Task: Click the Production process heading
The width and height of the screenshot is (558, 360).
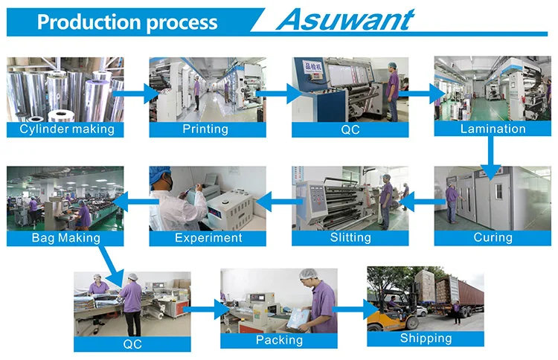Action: [x=127, y=22]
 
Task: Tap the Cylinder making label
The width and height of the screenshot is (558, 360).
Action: [x=66, y=129]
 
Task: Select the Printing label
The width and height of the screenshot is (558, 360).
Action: [x=205, y=129]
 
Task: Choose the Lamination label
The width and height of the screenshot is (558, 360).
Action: [x=493, y=129]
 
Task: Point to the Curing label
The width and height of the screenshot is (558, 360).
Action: [x=493, y=238]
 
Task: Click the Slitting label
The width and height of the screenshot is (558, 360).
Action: [x=350, y=238]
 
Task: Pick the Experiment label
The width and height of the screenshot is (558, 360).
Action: [x=208, y=238]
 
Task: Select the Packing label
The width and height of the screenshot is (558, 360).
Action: [x=279, y=340]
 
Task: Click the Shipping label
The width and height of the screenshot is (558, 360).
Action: [x=426, y=338]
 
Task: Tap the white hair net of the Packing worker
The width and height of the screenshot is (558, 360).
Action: [x=306, y=275]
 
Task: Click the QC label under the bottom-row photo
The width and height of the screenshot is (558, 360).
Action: [x=132, y=344]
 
